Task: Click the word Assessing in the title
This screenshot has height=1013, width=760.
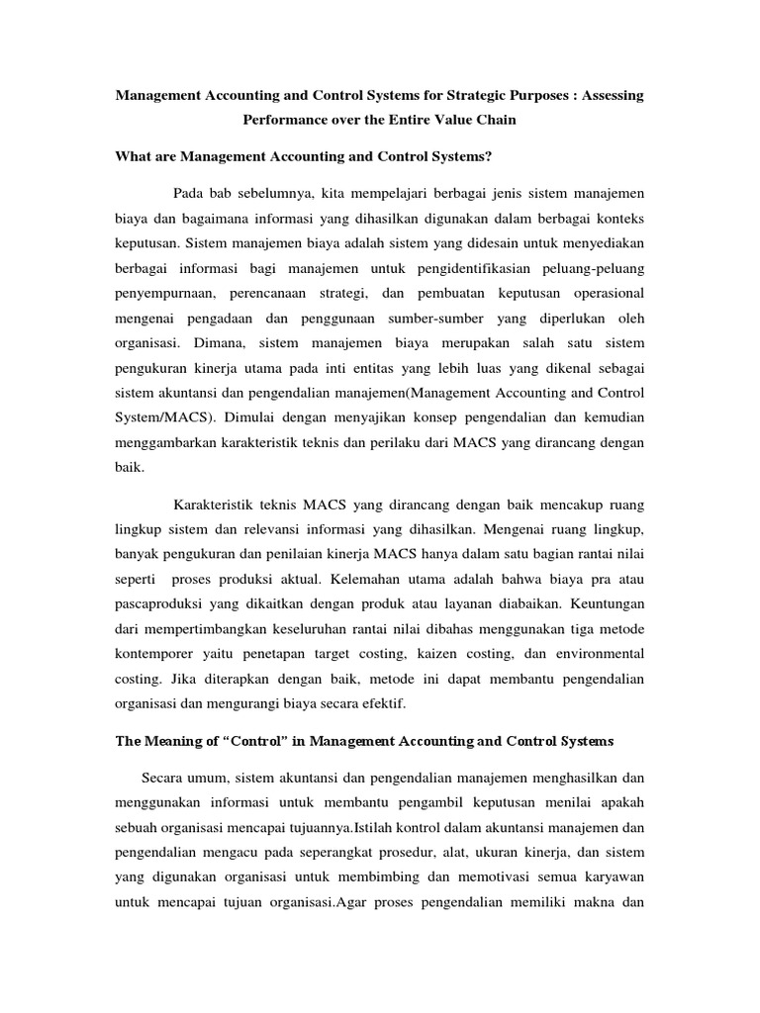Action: pos(609,96)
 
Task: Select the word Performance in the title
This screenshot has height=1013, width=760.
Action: pos(284,120)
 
